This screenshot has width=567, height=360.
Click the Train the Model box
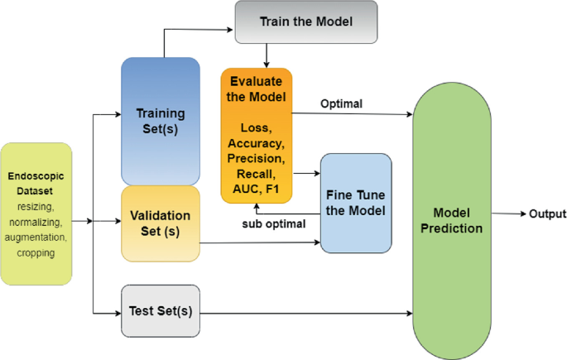coord(306,22)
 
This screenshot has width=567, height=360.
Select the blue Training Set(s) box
coord(161,122)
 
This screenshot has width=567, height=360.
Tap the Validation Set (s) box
coord(161,223)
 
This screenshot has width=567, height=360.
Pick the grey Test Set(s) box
coord(161,311)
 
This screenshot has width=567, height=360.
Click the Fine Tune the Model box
coord(356,203)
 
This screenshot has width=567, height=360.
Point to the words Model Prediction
coord(452,220)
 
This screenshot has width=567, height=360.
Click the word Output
coord(547,214)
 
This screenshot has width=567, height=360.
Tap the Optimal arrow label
coord(341,104)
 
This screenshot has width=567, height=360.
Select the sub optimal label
coord(274,224)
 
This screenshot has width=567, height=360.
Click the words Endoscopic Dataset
coord(36,183)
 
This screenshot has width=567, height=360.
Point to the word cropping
coord(36,252)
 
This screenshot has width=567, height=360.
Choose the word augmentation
coord(36,238)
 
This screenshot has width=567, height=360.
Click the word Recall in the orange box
coord(256,175)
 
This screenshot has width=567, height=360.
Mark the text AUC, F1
coord(256,189)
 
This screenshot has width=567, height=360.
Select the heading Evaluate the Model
coord(256,89)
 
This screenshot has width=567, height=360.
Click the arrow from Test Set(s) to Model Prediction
coord(306,314)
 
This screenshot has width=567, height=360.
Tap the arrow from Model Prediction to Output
coord(508,214)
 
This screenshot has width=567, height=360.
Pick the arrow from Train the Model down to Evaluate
coord(267,55)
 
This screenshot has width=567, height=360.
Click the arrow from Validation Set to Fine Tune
coord(260,242)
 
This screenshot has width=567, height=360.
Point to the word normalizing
coord(36,223)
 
